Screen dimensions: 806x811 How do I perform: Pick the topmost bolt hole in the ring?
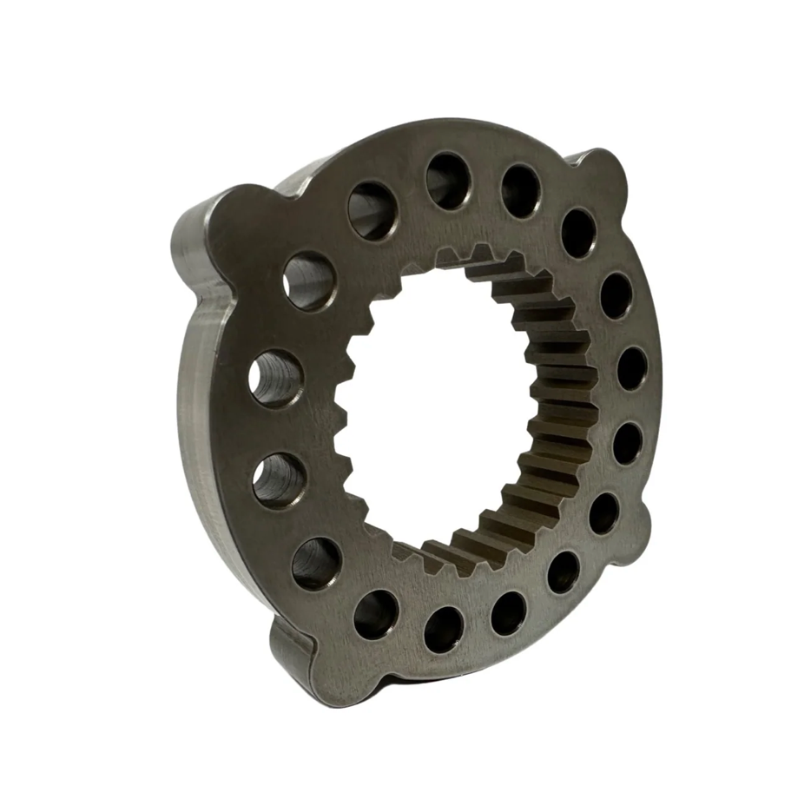449,181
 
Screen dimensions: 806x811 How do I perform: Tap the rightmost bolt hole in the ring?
632,368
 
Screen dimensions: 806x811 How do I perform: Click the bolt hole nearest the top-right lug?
578,232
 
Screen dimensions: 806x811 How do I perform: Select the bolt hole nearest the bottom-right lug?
604,512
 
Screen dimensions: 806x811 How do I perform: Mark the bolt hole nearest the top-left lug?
309,280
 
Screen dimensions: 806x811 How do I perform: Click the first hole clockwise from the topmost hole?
520,190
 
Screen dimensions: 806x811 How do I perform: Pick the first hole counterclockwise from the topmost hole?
373,210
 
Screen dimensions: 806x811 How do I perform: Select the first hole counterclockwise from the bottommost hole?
509,612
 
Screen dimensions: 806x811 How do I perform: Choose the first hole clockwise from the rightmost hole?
627,443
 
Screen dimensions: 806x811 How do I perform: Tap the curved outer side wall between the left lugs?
195,417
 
